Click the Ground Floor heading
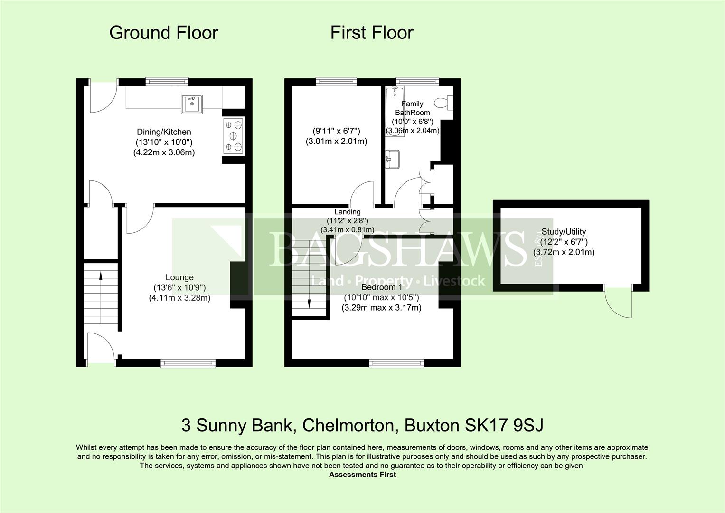[163, 33]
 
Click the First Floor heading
[372, 33]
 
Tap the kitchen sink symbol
[191, 104]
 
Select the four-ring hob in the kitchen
[233, 136]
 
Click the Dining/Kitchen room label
[164, 132]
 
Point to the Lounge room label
[179, 277]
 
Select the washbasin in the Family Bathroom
[393, 159]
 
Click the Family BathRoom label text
[412, 108]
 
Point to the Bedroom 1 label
[381, 287]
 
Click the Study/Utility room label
[564, 232]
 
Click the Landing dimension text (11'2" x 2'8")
[347, 221]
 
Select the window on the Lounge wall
[188, 363]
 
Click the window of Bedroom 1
[397, 363]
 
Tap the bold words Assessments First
[362, 475]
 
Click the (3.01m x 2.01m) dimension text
[336, 141]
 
